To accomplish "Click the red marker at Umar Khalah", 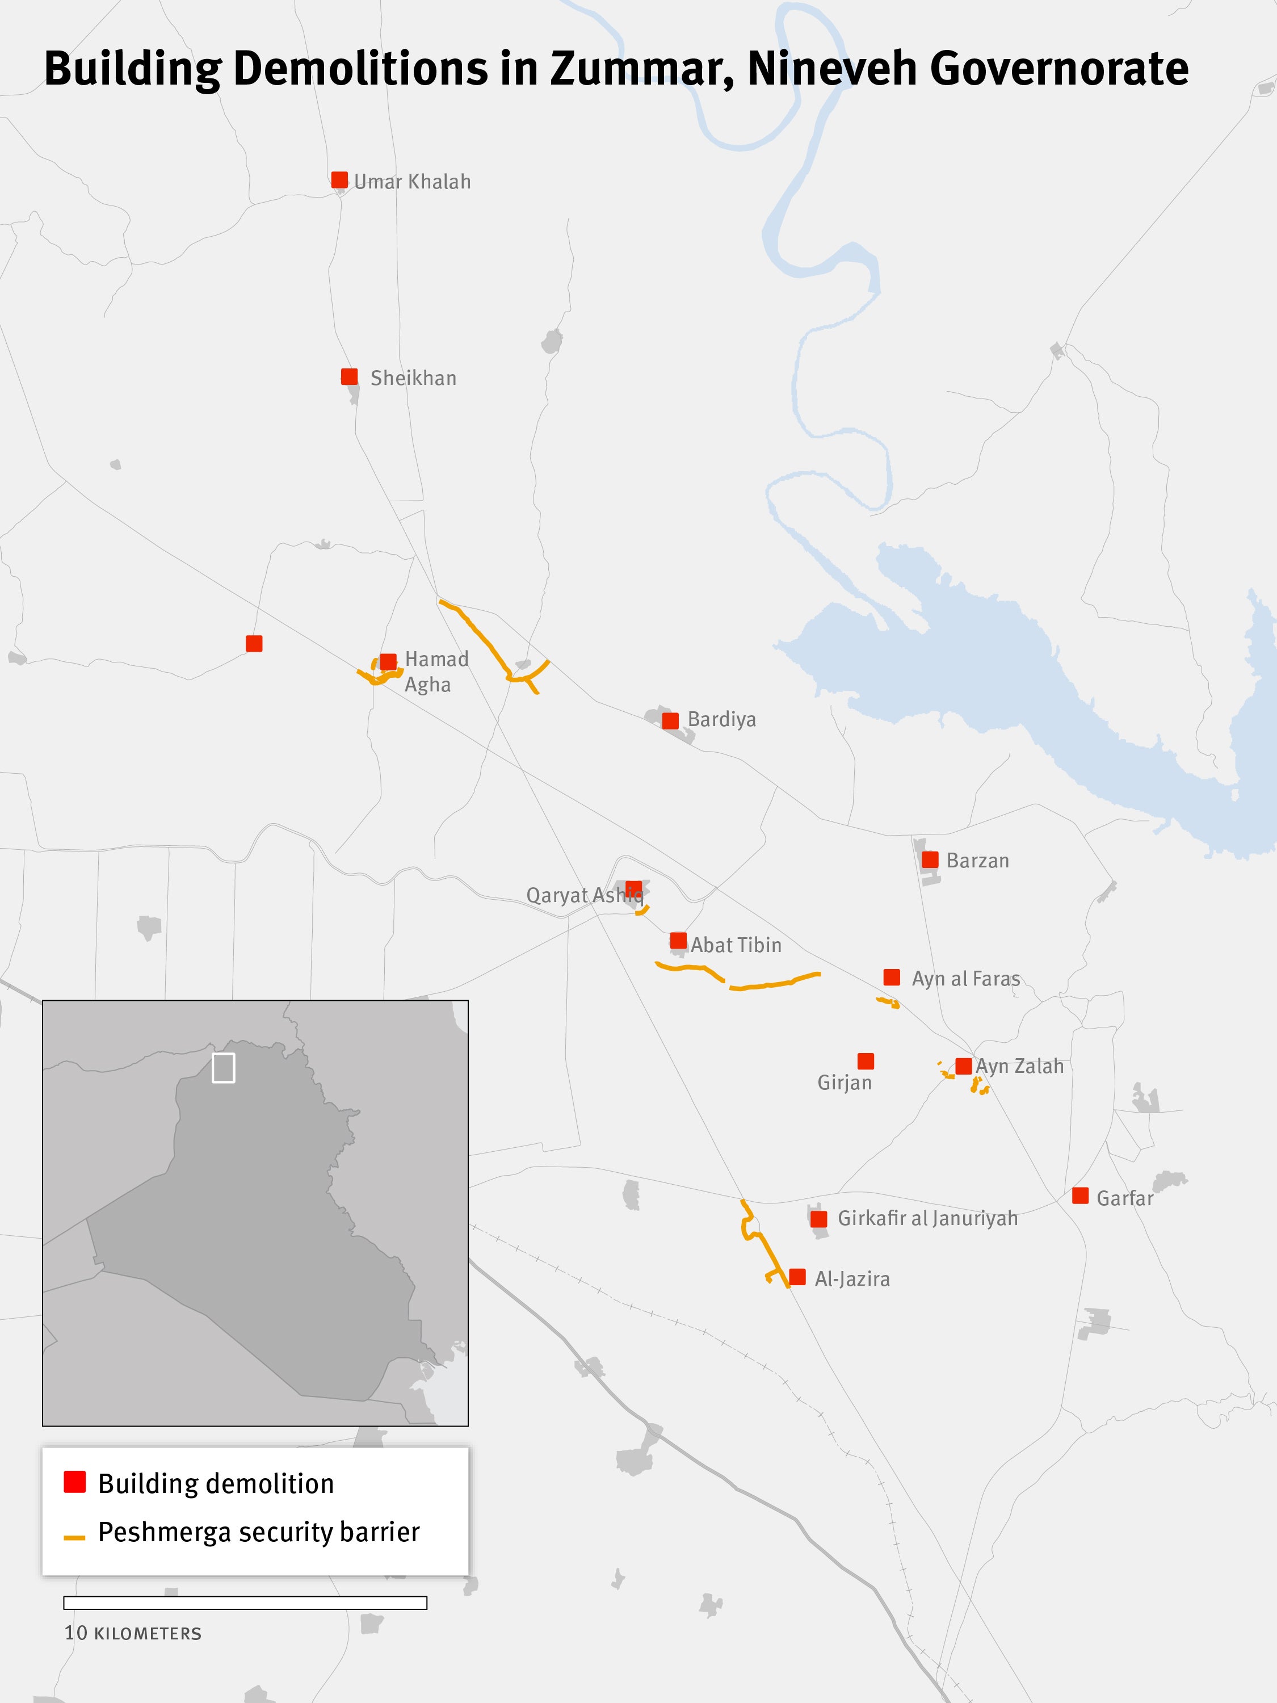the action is [x=339, y=180].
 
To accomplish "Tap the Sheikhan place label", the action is [x=413, y=378].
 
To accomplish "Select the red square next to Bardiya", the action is [x=670, y=720].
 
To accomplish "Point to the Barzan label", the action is [x=977, y=861].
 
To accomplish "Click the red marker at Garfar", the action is [x=1080, y=1196].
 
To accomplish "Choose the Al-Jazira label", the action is [x=851, y=1279].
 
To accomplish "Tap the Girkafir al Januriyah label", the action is [x=927, y=1219].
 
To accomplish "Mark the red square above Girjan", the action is [x=865, y=1062].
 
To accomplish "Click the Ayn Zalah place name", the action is [x=1019, y=1066].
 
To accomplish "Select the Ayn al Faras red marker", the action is [x=892, y=977].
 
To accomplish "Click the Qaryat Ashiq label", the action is [x=583, y=895].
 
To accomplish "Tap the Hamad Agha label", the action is [x=436, y=672].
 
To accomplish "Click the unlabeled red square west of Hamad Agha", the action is [x=254, y=644].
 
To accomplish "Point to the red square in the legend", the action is [x=75, y=1482].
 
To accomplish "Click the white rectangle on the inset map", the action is [x=223, y=1068].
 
